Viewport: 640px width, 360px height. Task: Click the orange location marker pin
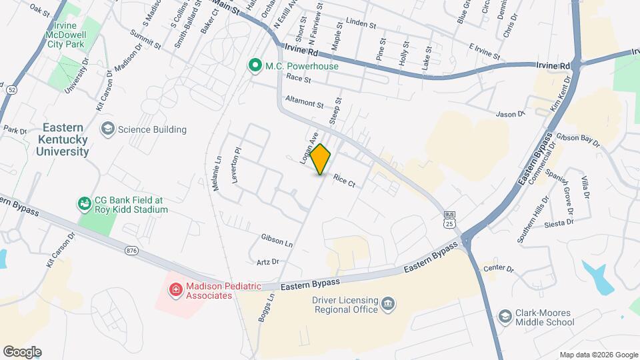coord(321,159)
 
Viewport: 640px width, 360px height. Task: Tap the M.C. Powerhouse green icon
coord(254,65)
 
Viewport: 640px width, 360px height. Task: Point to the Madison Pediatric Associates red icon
coord(175,289)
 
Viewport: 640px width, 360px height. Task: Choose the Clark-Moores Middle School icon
coord(505,316)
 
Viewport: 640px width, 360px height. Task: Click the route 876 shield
coord(131,250)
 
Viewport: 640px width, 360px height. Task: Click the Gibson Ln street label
coord(277,240)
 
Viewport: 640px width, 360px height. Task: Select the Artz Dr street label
coord(267,261)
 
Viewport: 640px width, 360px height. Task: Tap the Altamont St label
coord(303,105)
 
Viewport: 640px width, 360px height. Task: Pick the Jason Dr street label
coord(511,114)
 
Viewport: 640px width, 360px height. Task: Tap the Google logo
coord(22,352)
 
